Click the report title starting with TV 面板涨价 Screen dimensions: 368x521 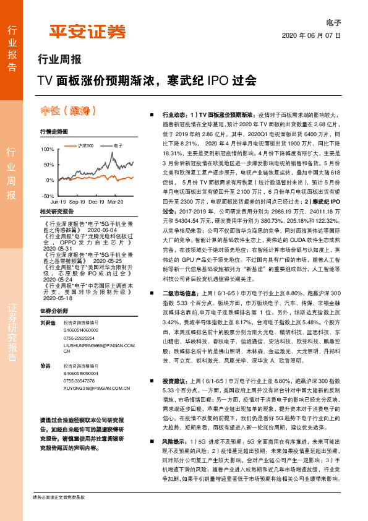pyautogui.click(x=146, y=80)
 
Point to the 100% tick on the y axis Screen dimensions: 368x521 pyautogui.click(x=47, y=150)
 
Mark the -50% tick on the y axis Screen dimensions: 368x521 pyautogui.click(x=47, y=196)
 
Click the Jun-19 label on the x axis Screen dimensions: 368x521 pyautogui.click(x=58, y=202)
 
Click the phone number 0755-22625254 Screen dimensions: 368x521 pyautogui.click(x=80, y=338)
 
